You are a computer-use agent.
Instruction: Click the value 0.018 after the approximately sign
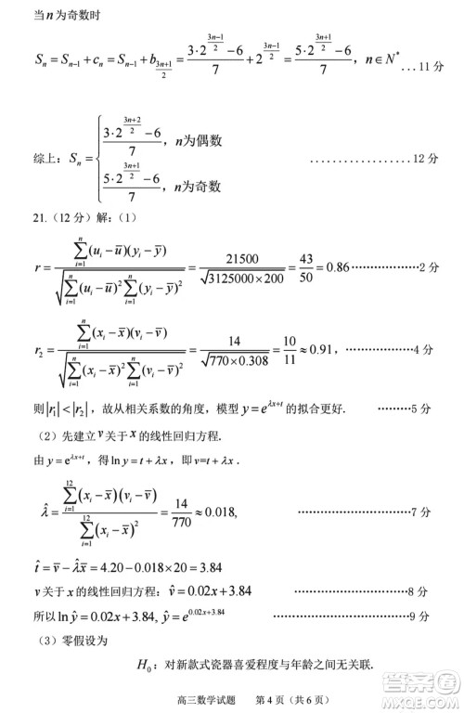pyautogui.click(x=219, y=512)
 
